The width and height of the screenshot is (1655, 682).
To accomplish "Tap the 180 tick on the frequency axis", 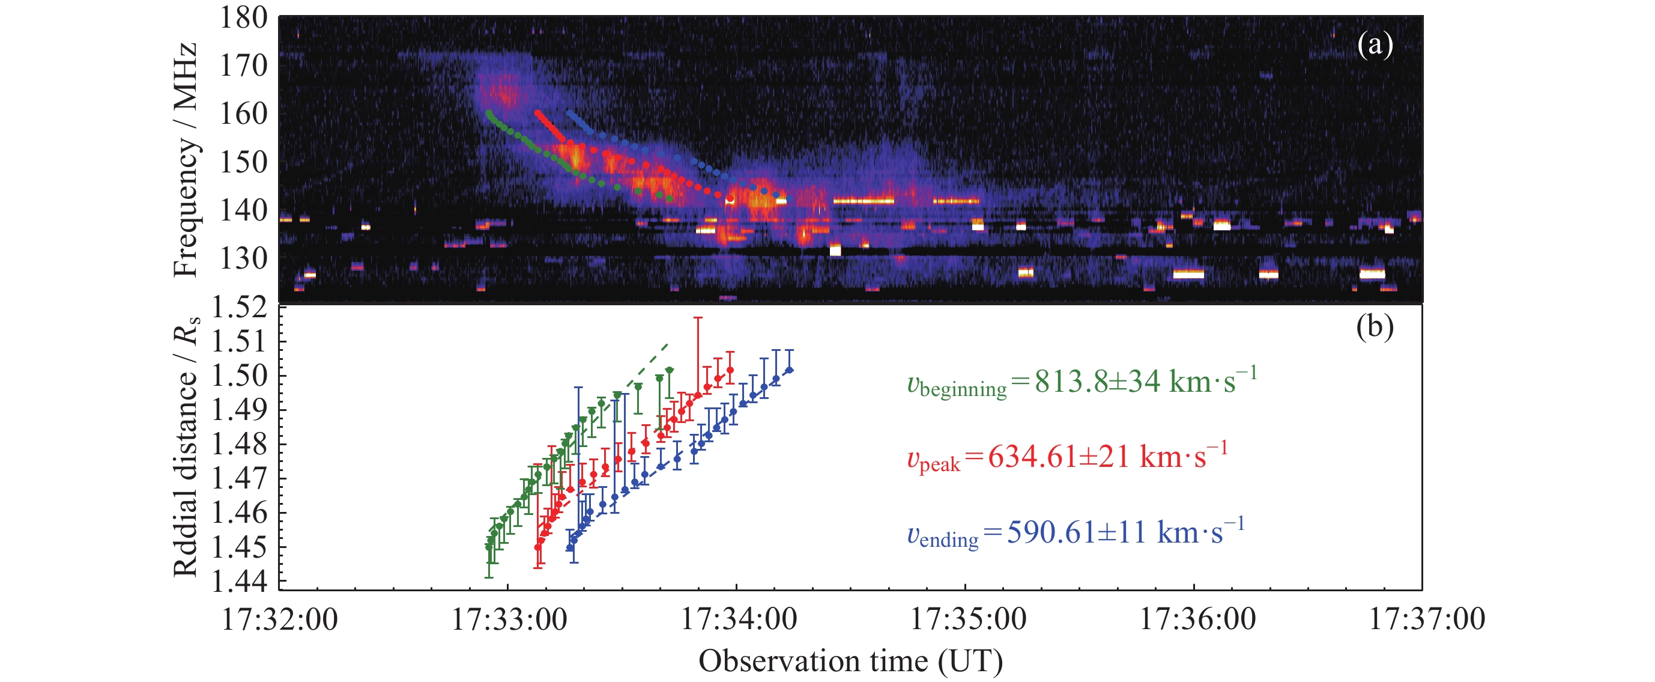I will tap(243, 18).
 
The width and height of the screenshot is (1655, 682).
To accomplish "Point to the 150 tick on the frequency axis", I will tap(243, 162).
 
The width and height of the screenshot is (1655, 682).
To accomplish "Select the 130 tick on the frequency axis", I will tap(243, 258).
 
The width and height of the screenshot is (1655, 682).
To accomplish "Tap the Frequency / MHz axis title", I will tap(186, 160).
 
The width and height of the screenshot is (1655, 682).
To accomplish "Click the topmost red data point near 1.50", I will tap(730, 370).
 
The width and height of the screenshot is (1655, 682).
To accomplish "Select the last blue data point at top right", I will tap(790, 370).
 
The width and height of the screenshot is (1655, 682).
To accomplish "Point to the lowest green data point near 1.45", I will tap(489, 546).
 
